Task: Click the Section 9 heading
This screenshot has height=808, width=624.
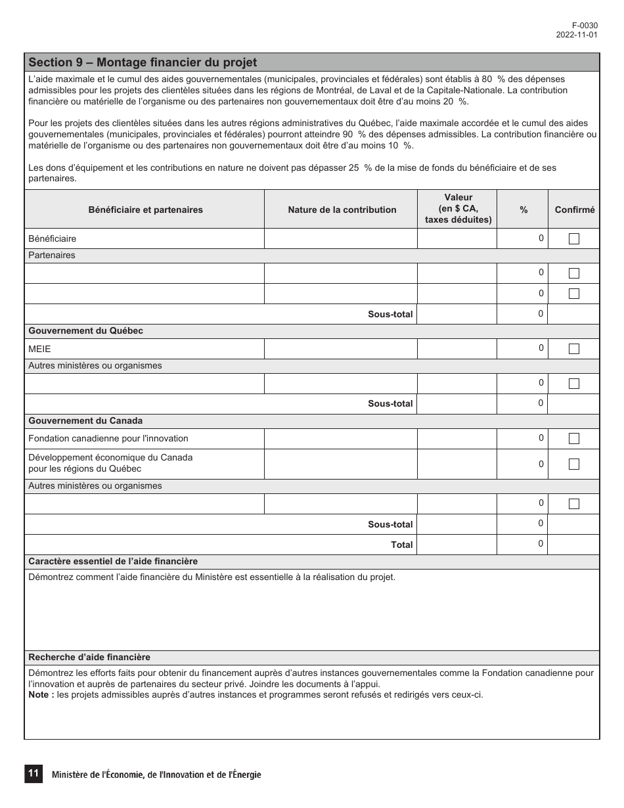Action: tap(143, 62)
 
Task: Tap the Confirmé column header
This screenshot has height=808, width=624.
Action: tap(574, 210)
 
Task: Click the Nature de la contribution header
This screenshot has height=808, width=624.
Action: tap(342, 210)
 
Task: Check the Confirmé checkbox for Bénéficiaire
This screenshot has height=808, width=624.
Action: tap(573, 239)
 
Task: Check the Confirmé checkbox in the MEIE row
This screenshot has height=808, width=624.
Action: tap(573, 349)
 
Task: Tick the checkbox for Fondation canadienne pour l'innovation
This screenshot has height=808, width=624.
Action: tap(573, 439)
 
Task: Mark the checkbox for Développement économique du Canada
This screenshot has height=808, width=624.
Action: tap(573, 464)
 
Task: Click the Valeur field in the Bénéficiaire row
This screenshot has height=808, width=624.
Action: tap(457, 238)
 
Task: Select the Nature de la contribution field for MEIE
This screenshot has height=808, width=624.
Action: tap(340, 349)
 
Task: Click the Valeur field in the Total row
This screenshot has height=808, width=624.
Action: tap(457, 545)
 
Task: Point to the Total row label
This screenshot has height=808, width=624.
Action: tap(401, 545)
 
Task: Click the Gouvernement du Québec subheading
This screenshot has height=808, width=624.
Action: tap(85, 331)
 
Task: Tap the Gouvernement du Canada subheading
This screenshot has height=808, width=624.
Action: tap(85, 421)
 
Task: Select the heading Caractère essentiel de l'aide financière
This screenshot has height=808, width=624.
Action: tap(113, 562)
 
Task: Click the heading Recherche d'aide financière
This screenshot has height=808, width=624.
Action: tap(89, 658)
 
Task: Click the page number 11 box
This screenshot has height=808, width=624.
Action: tap(33, 774)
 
